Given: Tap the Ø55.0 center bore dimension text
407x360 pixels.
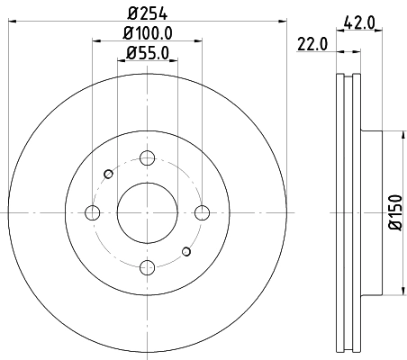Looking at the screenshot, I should click(x=147, y=53).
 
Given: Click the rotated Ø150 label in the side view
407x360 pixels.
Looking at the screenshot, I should click(x=394, y=212).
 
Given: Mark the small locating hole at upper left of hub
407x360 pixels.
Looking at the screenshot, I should click(x=108, y=174).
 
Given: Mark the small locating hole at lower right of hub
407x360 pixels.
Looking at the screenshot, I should click(x=185, y=251).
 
